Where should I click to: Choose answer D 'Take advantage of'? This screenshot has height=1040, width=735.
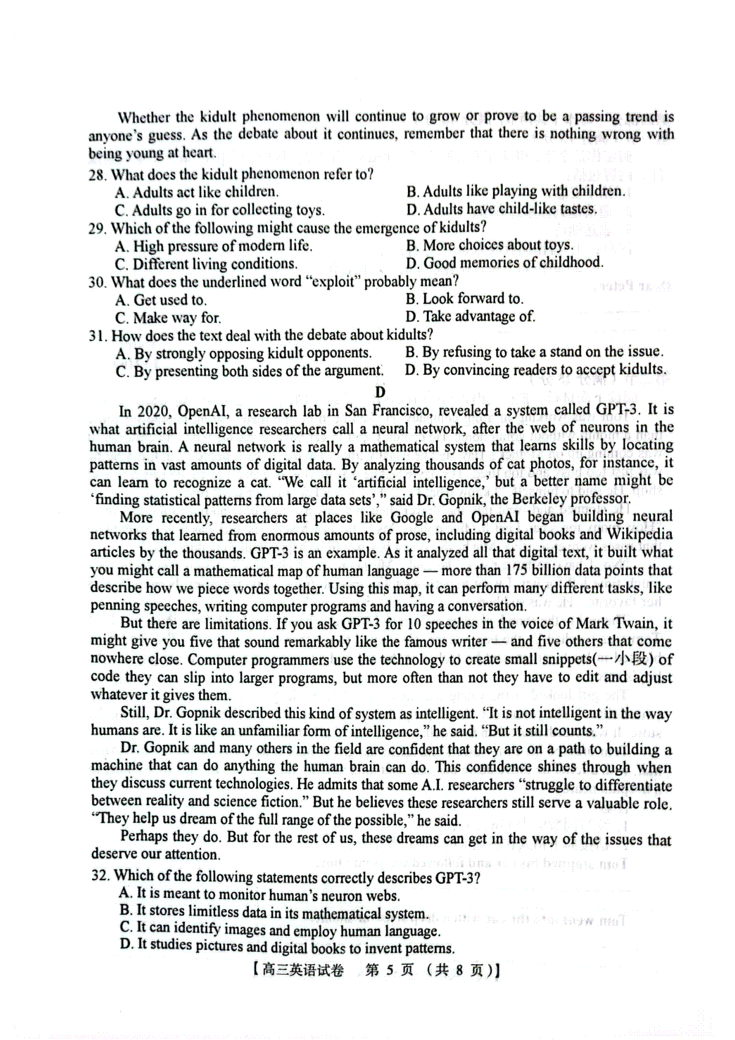click(470, 316)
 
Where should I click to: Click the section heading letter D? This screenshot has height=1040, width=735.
click(380, 392)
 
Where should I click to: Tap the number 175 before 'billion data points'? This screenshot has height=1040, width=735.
click(519, 570)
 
